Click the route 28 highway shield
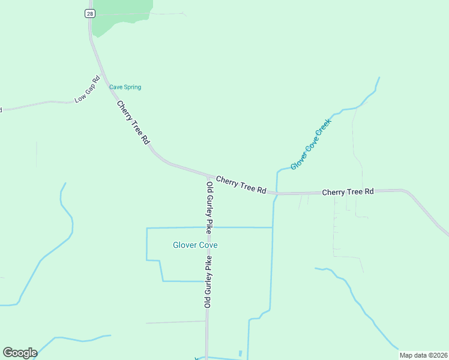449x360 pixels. [x=89, y=14]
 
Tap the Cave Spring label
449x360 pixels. [x=125, y=87]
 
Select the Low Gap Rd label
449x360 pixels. [x=87, y=89]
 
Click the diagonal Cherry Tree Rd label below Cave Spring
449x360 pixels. [x=133, y=122]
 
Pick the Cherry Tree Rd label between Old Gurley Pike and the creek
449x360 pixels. [x=241, y=184]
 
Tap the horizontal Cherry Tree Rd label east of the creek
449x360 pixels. [x=348, y=192]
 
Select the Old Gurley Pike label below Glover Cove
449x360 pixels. [x=208, y=282]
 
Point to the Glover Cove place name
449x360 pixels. [x=195, y=245]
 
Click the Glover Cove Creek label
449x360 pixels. [x=310, y=144]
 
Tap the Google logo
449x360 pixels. [x=20, y=353]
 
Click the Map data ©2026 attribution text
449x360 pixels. [x=423, y=355]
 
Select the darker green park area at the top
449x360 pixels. [x=120, y=13]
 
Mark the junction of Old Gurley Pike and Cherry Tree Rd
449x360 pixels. [x=208, y=176]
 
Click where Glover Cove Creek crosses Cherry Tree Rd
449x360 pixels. [x=276, y=193]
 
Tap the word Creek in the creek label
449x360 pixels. [x=324, y=127]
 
